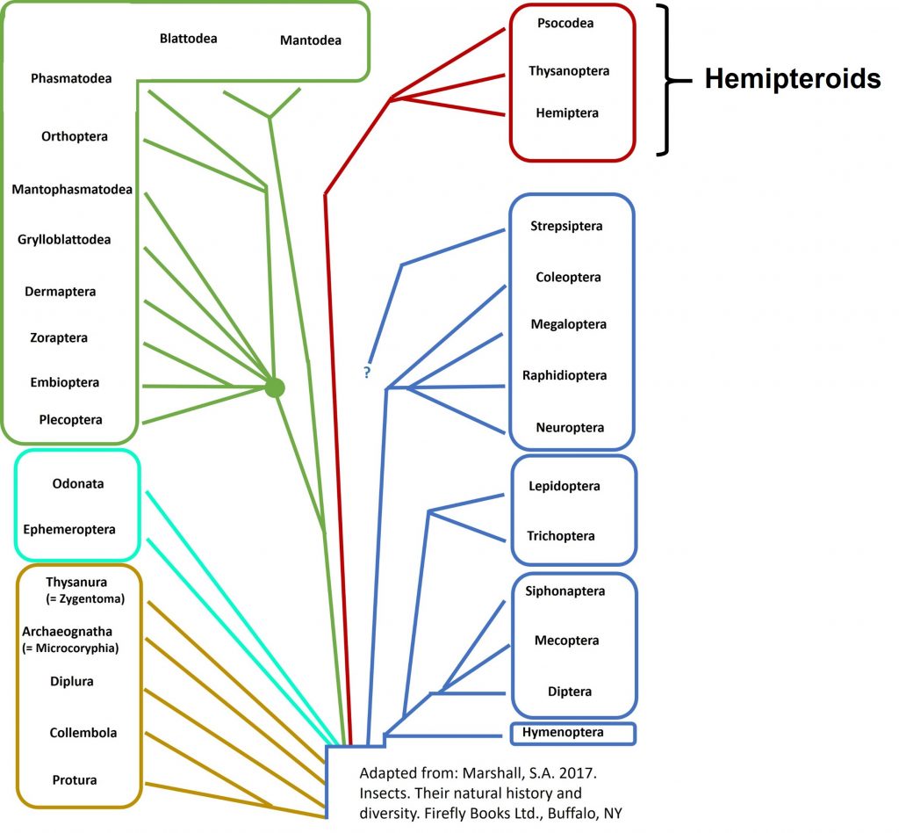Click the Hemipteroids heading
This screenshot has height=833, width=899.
pos(792,79)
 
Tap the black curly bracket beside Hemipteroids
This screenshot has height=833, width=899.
pos(671,81)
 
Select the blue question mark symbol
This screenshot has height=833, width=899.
pos(367,373)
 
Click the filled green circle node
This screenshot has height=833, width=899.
pos(275,387)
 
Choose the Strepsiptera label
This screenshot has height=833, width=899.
pos(566,226)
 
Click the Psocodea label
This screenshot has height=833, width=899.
pos(565,23)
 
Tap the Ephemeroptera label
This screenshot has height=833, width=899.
pos(69,530)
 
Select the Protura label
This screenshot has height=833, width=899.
pos(74,779)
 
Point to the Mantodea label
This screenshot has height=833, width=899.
pos(310,40)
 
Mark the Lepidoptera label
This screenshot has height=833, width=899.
pos(564,486)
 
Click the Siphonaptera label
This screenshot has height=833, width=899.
pos(565,591)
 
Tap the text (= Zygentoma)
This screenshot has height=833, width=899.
pos(86,598)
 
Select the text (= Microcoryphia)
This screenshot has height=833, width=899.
pos(70,648)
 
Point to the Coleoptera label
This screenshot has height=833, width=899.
pos(568,277)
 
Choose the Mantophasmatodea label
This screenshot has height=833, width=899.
pos(72,189)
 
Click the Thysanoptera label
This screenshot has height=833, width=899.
pos(569,70)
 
